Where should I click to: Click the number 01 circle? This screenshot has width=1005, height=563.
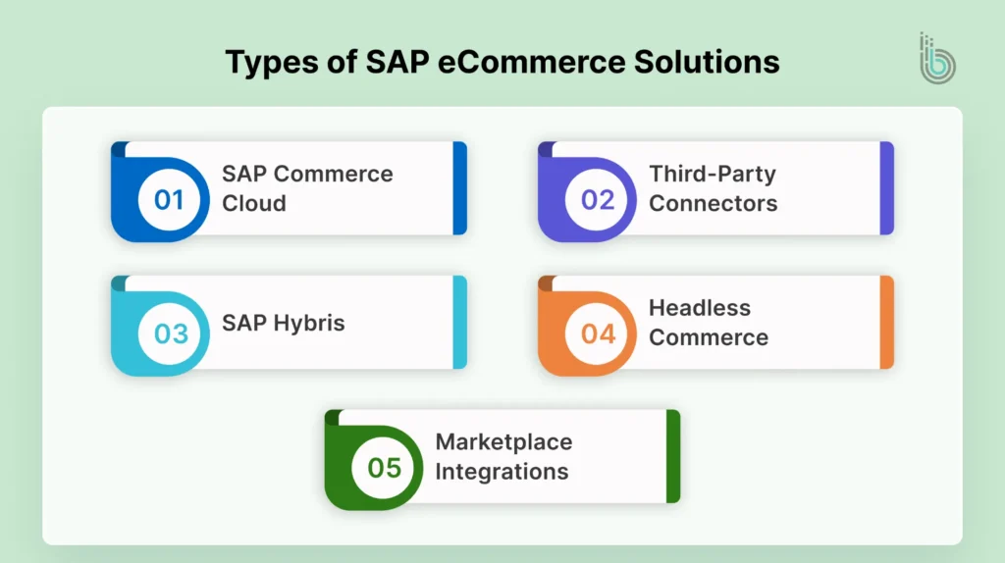click(170, 200)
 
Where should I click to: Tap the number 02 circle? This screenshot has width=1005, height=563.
click(598, 200)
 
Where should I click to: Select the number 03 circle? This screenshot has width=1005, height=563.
click(170, 333)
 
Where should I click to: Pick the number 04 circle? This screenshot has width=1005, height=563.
click(598, 333)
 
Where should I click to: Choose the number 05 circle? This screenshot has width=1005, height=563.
click(385, 468)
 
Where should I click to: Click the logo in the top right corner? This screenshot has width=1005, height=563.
click(937, 59)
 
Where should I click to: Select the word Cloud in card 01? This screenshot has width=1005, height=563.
click(254, 204)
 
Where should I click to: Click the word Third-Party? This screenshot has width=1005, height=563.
click(713, 175)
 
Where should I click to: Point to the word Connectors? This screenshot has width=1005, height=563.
click(714, 204)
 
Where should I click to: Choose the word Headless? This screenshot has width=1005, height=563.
click(700, 308)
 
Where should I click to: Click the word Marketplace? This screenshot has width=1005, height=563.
click(503, 441)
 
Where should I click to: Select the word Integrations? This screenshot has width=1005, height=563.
click(502, 471)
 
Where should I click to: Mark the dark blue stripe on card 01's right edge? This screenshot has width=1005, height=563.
click(459, 188)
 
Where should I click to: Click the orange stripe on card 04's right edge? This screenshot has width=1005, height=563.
click(887, 322)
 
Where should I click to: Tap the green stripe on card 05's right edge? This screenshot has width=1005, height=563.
click(673, 456)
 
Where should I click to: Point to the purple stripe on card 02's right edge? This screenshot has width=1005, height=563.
click(887, 188)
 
